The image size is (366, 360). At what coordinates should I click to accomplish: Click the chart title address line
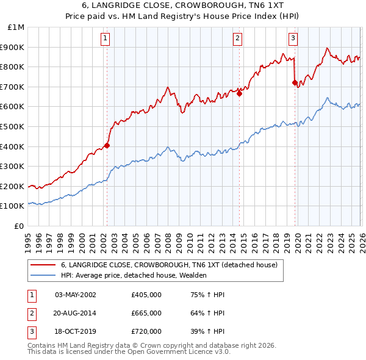point(183,5)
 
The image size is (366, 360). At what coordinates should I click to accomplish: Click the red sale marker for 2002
point(107,145)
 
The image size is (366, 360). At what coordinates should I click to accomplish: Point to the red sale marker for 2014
point(239,94)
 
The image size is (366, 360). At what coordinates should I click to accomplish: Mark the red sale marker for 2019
point(295,82)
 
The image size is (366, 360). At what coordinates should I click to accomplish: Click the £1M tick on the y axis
point(16,27)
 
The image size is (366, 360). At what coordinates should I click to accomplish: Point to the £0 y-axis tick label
point(19,226)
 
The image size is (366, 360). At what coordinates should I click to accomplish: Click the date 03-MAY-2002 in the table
point(76,295)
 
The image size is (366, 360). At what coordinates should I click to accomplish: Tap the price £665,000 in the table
point(146,313)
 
